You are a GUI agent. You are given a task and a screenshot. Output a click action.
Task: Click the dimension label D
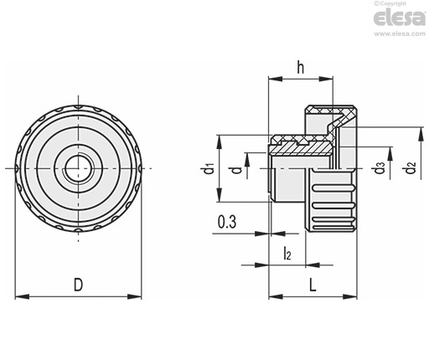coord(79,285)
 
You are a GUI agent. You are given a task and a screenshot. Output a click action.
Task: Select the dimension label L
coord(313,285)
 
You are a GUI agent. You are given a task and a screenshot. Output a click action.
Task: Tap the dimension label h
coord(300,67)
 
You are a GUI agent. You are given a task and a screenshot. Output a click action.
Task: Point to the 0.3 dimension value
coord(227,222)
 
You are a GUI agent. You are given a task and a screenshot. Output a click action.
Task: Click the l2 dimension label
coord(287,253)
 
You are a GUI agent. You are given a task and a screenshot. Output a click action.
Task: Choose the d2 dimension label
coord(411,167)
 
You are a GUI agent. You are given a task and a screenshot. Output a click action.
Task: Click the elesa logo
coord(400,18)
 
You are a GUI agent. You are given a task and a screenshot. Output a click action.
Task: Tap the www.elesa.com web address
coord(400,33)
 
